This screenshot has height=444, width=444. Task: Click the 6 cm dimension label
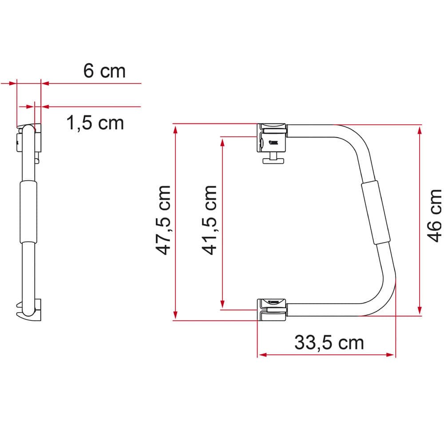tap(105, 71)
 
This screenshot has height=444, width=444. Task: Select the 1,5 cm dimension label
tap(95, 122)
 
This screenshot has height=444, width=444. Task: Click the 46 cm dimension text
tap(434, 215)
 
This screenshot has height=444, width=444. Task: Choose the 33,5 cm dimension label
tap(329, 342)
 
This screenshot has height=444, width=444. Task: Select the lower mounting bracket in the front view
tap(272, 309)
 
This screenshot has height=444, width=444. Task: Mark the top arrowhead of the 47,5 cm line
tap(176, 129)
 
